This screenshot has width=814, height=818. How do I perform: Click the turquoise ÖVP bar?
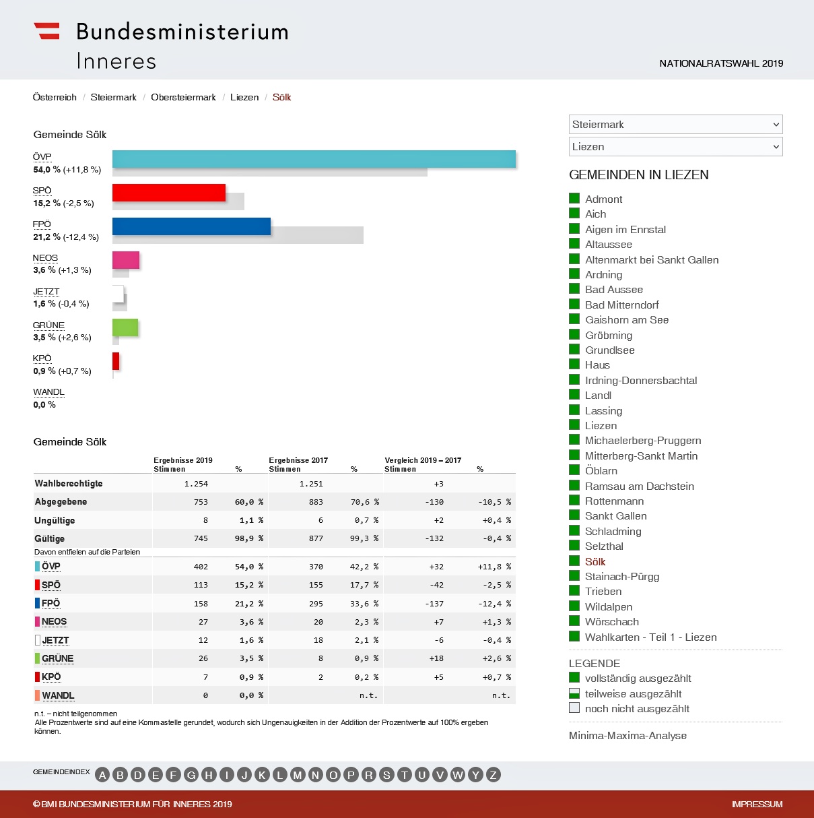[x=314, y=159]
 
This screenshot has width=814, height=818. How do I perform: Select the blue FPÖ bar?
[x=191, y=226]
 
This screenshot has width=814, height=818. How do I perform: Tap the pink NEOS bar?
[x=126, y=260]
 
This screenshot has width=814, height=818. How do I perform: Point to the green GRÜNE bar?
[x=125, y=327]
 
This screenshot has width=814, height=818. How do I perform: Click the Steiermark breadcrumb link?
[x=113, y=97]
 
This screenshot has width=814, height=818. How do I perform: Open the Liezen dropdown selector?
[x=675, y=147]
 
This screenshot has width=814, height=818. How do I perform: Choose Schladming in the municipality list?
[x=613, y=531]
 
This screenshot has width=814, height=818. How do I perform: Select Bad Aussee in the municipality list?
[x=613, y=290]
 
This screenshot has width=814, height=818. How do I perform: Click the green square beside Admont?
[x=574, y=198]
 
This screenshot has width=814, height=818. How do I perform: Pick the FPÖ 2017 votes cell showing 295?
[x=316, y=604]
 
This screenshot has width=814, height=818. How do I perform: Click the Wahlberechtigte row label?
[x=69, y=483]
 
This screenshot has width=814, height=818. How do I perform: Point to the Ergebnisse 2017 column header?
[x=298, y=460]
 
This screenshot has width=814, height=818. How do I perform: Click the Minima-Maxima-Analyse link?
[x=628, y=735]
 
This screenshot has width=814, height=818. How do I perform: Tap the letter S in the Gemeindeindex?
[x=386, y=775]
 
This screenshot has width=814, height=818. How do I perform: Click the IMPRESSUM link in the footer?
[x=757, y=804]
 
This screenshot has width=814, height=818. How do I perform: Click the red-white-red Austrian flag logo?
[x=47, y=31]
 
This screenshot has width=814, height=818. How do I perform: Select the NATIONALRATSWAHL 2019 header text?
[x=721, y=63]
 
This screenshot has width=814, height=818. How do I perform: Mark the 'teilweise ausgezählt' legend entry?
[x=633, y=693]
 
